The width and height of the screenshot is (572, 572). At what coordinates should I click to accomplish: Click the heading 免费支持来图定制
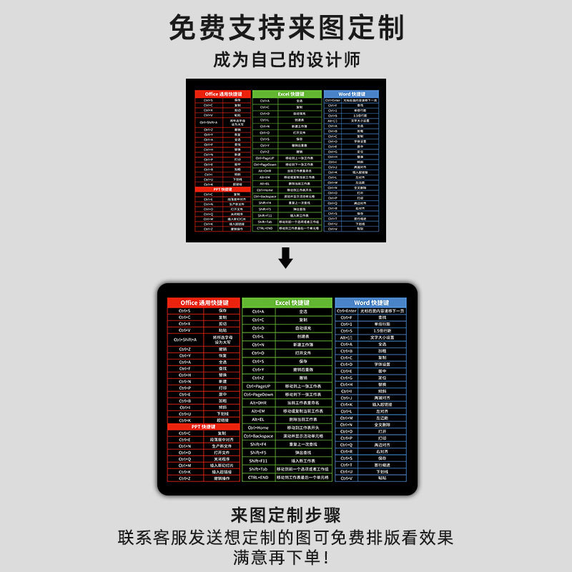286,27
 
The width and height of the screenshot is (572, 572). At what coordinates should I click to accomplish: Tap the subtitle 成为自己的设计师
286,59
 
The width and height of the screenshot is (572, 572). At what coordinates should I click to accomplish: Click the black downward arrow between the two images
286,257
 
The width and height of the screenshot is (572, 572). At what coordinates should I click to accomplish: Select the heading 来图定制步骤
286,515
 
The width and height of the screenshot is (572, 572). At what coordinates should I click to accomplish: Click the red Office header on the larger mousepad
204,303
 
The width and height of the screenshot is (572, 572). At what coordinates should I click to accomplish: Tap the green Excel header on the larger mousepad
287,303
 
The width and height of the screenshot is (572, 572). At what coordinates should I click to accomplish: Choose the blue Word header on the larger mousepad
370,303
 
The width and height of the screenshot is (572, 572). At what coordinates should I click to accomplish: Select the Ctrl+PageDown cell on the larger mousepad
258,394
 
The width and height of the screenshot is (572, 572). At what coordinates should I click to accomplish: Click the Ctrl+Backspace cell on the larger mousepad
258,435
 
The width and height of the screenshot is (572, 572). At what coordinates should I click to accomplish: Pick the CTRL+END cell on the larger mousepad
258,477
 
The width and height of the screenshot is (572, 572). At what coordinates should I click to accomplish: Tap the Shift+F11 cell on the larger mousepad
258,460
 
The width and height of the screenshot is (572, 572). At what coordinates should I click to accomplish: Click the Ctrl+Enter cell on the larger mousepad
347,311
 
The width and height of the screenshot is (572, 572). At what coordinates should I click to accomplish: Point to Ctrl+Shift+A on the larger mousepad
185,340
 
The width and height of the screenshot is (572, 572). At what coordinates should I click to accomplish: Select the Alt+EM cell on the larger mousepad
258,411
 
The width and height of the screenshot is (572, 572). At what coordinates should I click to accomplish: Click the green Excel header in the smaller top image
286,94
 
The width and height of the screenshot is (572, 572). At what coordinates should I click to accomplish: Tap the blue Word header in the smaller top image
350,94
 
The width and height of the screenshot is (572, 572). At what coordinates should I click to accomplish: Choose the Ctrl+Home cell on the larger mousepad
258,428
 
